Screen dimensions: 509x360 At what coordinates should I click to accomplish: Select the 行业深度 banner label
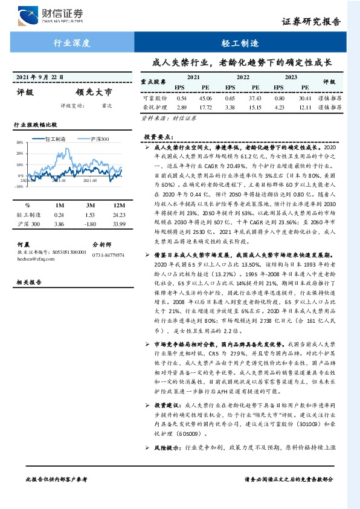(72, 44)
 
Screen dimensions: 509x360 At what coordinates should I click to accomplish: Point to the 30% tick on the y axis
(19, 144)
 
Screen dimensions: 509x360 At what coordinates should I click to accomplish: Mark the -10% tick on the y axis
(19, 187)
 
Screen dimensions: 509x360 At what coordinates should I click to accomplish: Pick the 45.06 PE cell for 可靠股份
(205, 98)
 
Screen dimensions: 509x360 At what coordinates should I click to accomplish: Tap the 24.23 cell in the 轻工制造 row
(118, 215)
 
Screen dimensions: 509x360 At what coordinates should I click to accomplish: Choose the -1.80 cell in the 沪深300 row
(91, 224)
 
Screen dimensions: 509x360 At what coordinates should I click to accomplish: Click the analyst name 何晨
(24, 244)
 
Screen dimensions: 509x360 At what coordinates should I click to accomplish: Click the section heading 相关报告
(28, 282)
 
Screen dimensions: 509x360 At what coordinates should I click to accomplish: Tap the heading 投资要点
(158, 137)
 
